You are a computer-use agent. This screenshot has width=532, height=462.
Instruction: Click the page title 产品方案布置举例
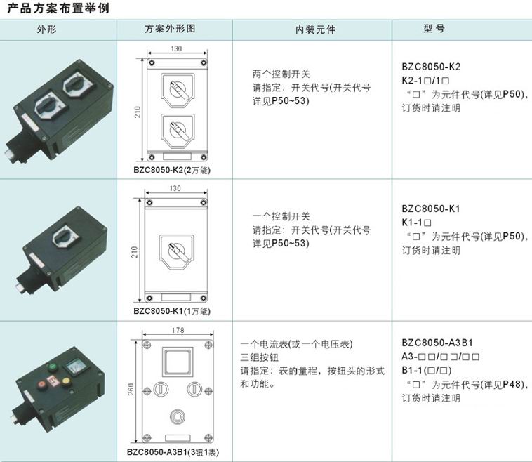point(58,8)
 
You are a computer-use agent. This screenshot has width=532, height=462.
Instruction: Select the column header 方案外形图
point(170,29)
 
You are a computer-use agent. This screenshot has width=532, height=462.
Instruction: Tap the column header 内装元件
point(316,29)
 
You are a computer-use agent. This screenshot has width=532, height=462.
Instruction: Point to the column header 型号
point(434,29)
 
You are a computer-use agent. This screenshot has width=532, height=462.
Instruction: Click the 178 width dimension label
point(178,330)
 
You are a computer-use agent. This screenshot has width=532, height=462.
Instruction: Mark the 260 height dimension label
point(131,389)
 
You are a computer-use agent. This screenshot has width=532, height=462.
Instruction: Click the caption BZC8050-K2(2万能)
point(172,170)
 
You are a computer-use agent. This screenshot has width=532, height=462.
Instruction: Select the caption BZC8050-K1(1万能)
point(172,311)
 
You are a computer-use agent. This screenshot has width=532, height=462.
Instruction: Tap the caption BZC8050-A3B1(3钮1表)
point(173,452)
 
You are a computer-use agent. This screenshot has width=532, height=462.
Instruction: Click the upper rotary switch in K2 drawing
point(178,90)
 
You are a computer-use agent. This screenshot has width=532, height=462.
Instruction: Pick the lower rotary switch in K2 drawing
point(178,131)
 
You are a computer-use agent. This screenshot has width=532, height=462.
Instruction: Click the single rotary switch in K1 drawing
point(176,252)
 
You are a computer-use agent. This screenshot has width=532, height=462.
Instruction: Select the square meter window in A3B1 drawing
point(178,361)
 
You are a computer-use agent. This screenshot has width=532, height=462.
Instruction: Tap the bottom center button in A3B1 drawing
point(177,416)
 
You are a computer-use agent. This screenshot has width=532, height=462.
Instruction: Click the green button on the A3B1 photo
point(53,367)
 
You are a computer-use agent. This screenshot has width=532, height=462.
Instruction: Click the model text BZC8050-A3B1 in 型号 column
point(437,343)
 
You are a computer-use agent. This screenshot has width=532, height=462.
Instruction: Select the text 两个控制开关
point(281,74)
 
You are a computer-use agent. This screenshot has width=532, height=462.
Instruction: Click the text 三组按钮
point(260,357)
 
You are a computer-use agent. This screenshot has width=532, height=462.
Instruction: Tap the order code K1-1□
point(416,223)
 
